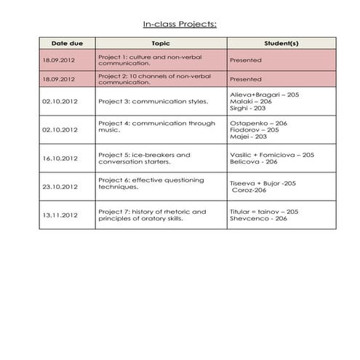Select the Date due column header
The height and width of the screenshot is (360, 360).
pos(67,44)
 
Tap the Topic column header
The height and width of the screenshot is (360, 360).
pos(161,44)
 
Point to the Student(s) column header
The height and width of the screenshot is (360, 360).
pos(281,44)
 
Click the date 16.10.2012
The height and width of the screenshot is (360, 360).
pos(60,159)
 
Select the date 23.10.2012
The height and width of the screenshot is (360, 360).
pos(60,187)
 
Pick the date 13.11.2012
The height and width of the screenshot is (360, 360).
pos(60,215)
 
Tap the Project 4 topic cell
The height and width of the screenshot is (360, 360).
pos(156,127)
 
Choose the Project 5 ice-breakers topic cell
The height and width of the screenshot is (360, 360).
pos(144,159)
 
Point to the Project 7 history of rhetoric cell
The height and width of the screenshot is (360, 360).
pos(151,215)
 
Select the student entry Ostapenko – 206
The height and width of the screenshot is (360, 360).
pos(258,123)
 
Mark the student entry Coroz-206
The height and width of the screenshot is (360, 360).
pos(249,191)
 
